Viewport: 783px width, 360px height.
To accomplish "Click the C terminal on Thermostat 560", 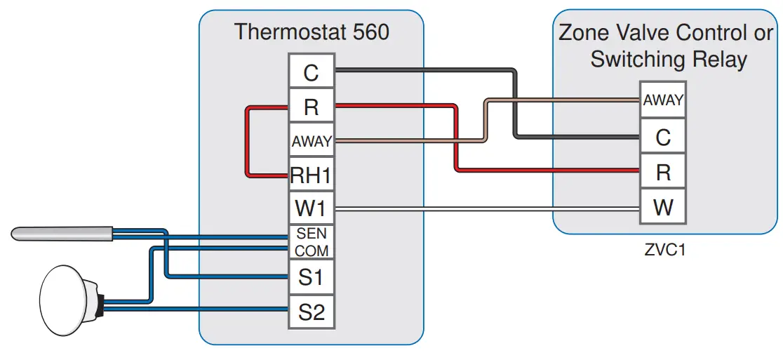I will pyautogui.click(x=311, y=72).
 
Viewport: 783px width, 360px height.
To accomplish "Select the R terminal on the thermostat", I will pyautogui.click(x=311, y=107).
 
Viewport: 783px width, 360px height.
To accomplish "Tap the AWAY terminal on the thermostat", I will pyautogui.click(x=311, y=141).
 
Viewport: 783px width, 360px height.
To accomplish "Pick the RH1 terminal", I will pyautogui.click(x=311, y=175).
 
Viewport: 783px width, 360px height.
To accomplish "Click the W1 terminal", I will pyautogui.click(x=311, y=208).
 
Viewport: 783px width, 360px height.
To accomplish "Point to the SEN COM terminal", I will pyautogui.click(x=311, y=242).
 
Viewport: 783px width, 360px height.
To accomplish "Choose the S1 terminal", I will pyautogui.click(x=311, y=277).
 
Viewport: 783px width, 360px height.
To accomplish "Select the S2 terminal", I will pyautogui.click(x=311, y=312).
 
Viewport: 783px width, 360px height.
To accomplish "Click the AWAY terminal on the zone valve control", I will pyautogui.click(x=662, y=100).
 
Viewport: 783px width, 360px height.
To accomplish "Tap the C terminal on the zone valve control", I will pyautogui.click(x=662, y=137).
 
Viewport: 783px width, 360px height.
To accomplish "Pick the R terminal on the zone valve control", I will pyautogui.click(x=662, y=172).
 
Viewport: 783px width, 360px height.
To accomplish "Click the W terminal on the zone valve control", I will pyautogui.click(x=662, y=207).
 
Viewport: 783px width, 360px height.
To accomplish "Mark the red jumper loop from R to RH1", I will pyautogui.click(x=247, y=141).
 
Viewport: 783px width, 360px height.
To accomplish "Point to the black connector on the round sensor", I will pyautogui.click(x=101, y=302).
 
